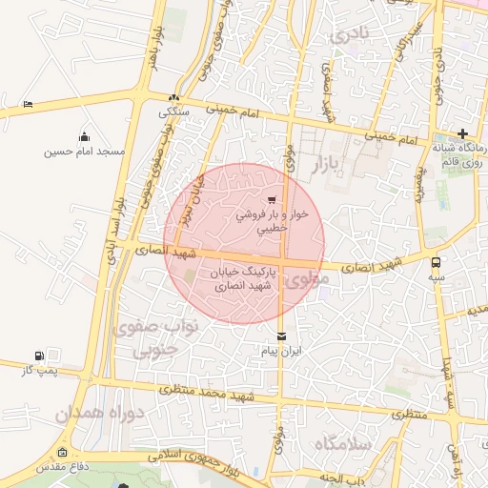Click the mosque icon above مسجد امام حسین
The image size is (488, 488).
point(85,136)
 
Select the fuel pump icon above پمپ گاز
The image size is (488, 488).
point(39,355)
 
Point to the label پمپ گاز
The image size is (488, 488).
point(39,370)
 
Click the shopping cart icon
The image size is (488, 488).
point(272,200)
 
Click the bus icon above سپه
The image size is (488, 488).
point(436,261)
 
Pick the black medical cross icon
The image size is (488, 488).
point(462,133)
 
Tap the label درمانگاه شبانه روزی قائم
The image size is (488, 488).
point(460,155)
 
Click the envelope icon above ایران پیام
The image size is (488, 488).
point(281,335)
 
